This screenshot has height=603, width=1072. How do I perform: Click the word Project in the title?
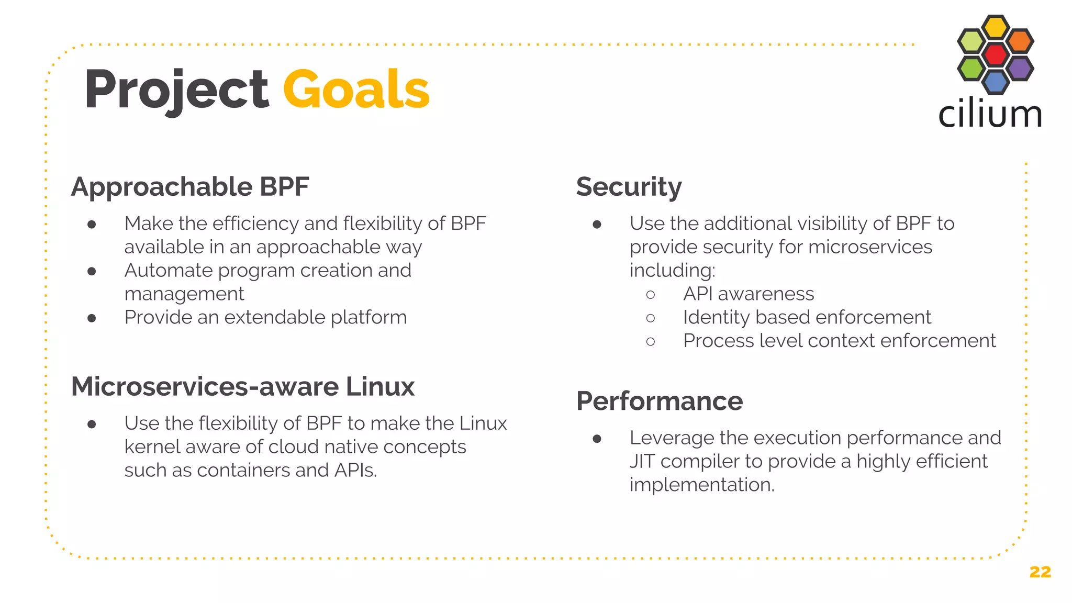point(176,90)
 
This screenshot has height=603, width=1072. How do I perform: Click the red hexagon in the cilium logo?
point(996,54)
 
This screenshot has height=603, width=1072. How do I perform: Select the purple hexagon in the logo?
point(1020,68)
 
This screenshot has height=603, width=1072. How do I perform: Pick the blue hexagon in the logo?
point(996,82)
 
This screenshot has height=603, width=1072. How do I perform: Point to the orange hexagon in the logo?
point(1020,41)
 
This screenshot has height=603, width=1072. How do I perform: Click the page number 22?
point(1040,572)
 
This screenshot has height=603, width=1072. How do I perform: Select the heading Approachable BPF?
point(190,187)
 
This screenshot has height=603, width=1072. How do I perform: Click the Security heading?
point(629,187)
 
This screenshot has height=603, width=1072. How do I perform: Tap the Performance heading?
point(660,401)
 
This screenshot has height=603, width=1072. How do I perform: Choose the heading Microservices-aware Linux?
point(243,387)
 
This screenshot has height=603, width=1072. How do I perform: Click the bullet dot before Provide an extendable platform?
point(92,318)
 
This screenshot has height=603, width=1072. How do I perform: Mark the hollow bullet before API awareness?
point(651,295)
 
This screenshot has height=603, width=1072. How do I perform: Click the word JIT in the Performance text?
point(642,461)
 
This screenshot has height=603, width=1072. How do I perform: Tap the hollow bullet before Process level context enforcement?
point(651,342)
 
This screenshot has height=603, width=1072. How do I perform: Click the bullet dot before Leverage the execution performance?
point(597,439)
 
